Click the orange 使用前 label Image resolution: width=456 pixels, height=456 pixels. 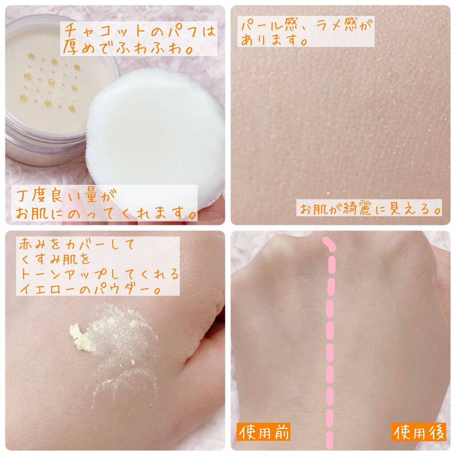coord(264,432)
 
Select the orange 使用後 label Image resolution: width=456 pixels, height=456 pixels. coord(419,432)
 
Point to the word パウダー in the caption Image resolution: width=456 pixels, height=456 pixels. coord(134,289)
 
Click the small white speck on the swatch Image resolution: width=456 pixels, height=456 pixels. coord(328,193)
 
